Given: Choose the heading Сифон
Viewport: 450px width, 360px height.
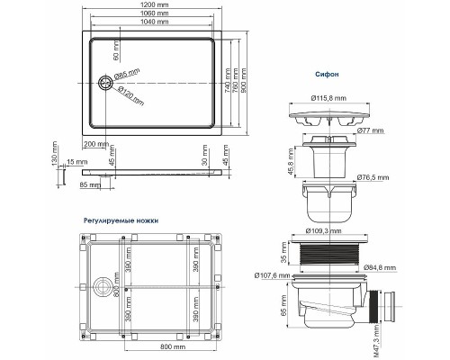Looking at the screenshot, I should [x=327, y=76].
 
